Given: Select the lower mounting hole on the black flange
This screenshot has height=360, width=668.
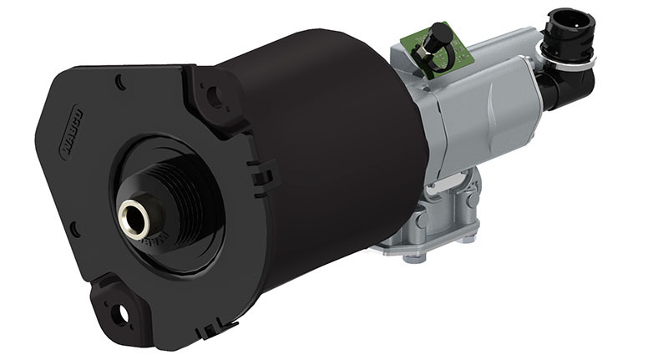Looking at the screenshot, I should [x=123, y=312].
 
